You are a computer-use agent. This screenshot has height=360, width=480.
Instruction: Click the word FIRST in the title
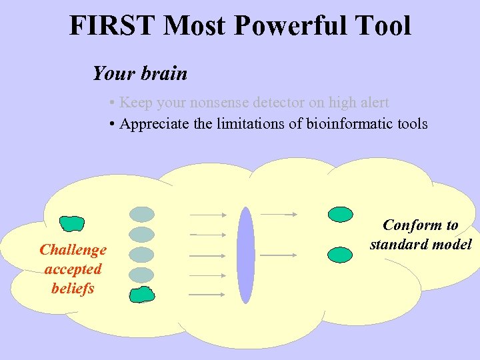coord(113,25)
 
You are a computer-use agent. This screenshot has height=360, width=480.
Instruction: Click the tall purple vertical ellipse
coord(246,255)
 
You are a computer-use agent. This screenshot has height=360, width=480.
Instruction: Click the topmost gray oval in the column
coord(141,214)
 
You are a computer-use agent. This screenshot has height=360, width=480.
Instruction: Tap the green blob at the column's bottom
coord(141,294)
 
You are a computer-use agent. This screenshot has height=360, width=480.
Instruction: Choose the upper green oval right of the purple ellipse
coord(341,214)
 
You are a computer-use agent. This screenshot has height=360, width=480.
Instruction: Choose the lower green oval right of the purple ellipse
coord(341,254)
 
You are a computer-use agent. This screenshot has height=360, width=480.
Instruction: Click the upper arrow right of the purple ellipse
coord(278,214)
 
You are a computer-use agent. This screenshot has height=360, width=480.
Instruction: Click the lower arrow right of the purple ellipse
coord(278,255)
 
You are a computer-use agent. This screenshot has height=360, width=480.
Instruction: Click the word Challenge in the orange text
coord(73,250)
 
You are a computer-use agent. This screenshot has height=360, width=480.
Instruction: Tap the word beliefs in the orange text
coord(73,289)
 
